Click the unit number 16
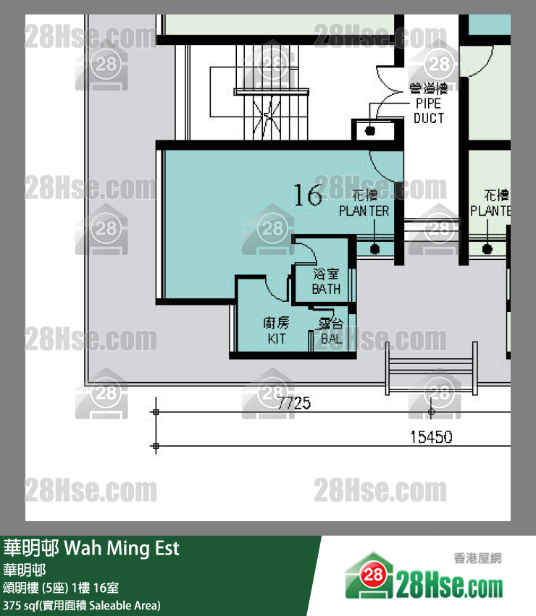[308, 195]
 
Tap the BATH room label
[326, 282]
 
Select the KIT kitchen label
[276, 330]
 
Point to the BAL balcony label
[330, 332]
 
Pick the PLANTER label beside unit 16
[364, 204]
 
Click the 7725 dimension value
[294, 402]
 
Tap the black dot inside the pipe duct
[370, 131]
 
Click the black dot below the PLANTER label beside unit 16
[374, 249]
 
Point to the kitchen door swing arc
[276, 291]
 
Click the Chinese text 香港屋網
[477, 557]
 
